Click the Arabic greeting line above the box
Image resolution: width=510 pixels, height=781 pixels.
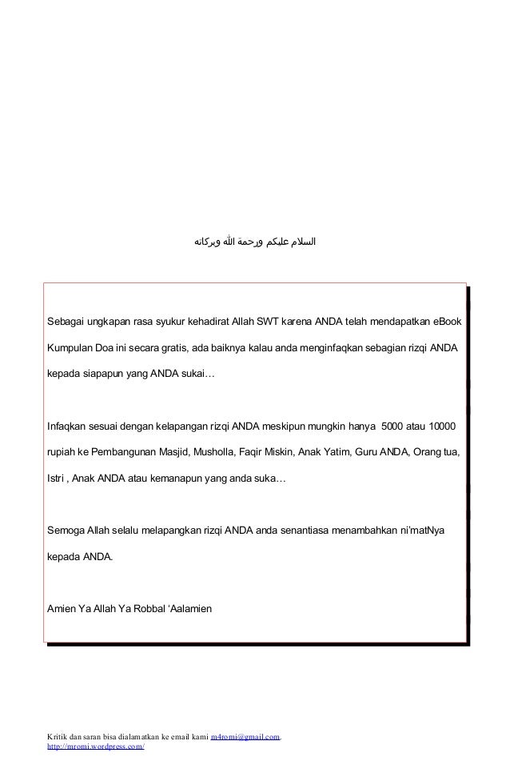255,240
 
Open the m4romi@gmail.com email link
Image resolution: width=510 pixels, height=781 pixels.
245,735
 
